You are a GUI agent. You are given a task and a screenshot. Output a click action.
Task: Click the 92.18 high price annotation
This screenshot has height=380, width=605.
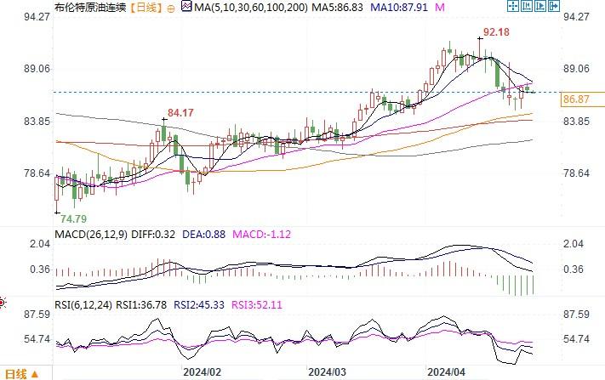497,32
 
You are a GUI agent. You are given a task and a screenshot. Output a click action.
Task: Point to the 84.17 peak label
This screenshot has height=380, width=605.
180,112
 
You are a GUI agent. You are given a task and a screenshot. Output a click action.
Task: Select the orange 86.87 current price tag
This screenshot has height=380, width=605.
577,100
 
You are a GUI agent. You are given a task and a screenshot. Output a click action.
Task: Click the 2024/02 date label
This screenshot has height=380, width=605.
203,372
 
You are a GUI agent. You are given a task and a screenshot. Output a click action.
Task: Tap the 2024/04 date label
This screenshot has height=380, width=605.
447,372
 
